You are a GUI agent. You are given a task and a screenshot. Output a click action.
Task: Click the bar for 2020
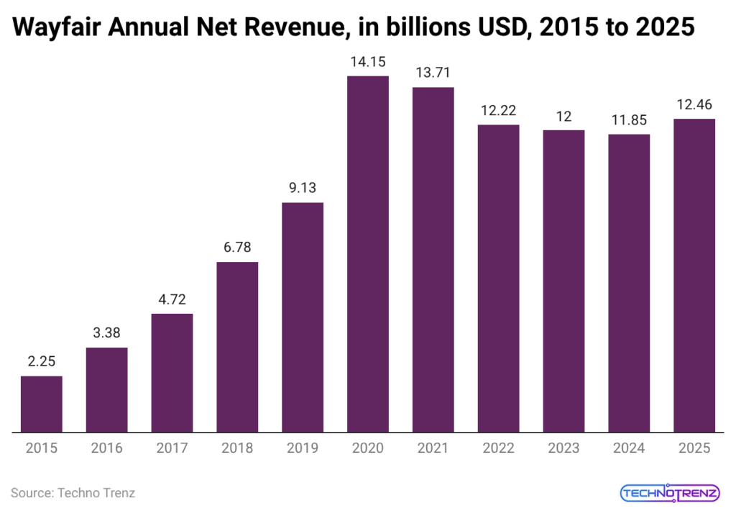point(368,253)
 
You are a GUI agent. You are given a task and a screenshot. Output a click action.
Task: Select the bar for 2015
point(41,404)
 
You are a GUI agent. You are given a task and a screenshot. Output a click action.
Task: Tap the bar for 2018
point(237,347)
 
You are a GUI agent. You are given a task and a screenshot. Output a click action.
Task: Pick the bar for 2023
point(563,281)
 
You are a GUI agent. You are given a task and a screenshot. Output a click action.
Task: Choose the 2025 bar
point(694,275)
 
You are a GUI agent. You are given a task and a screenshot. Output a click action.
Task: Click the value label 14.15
point(368,63)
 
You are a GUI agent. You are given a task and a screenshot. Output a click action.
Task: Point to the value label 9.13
point(303,189)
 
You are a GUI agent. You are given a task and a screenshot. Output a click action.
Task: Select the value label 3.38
point(106,334)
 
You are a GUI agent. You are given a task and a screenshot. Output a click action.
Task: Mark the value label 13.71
point(433,74)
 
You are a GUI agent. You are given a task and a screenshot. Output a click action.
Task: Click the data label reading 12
point(563,117)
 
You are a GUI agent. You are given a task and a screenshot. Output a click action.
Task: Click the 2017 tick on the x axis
point(172,448)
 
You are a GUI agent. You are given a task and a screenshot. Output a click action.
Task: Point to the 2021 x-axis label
point(433,448)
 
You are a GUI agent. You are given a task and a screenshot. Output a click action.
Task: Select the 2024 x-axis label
point(629,448)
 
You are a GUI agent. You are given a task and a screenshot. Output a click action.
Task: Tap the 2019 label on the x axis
point(303,448)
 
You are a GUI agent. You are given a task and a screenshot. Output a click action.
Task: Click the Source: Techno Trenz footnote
point(73,493)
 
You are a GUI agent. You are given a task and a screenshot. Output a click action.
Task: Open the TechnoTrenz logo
point(669,493)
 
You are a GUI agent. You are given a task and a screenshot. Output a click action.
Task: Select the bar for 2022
point(499,279)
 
